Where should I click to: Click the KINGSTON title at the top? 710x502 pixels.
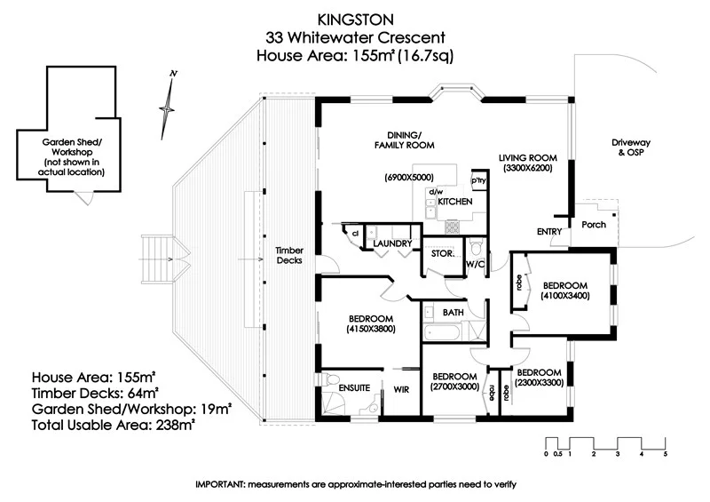click(x=354, y=18)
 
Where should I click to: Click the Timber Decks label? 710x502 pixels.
click(x=290, y=256)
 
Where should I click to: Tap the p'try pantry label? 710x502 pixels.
click(x=478, y=181)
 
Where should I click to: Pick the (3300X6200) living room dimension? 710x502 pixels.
click(x=527, y=168)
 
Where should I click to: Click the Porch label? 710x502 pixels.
click(x=594, y=225)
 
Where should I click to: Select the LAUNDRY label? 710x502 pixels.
click(x=390, y=243)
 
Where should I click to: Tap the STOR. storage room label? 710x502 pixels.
click(x=443, y=253)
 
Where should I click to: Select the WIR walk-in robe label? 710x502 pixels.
click(x=401, y=388)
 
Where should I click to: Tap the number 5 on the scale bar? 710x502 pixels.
click(x=665, y=454)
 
